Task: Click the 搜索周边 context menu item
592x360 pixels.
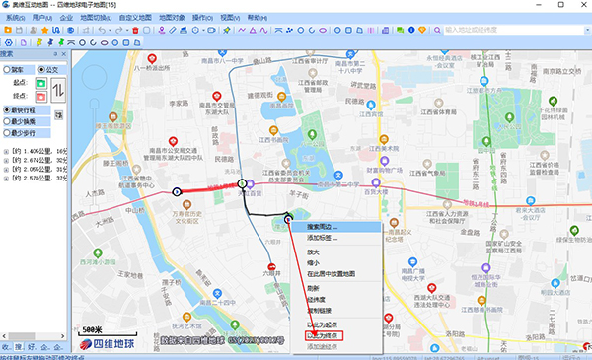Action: pyautogui.click(x=322, y=226)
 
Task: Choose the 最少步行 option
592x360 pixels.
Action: pyautogui.click(x=27, y=132)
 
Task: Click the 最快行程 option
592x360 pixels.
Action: pyautogui.click(x=27, y=109)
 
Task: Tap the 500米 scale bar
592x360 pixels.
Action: pyautogui.click(x=92, y=329)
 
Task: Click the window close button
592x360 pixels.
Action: pyautogui.click(x=582, y=5)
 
